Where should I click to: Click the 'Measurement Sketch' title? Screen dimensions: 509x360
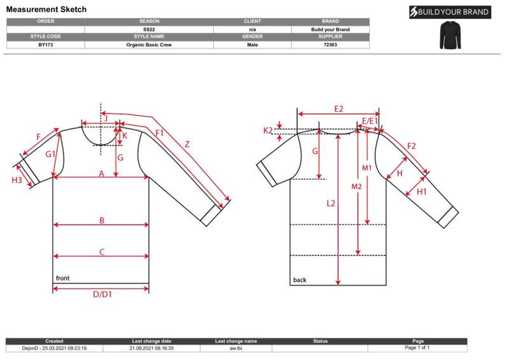tap(46, 10)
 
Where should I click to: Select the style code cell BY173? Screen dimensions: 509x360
tap(45, 45)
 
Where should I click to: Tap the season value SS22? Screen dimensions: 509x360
tap(149, 29)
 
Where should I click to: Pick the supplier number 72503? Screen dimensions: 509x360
tap(330, 45)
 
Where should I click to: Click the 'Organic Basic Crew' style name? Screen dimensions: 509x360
tap(149, 45)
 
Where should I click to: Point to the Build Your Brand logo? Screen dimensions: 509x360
tap(450, 12)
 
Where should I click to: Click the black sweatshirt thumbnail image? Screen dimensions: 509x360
tap(450, 35)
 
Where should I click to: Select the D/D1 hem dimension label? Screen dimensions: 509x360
tap(102, 294)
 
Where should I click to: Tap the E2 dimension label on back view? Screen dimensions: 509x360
tap(338, 109)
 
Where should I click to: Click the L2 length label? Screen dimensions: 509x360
tap(330, 204)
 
